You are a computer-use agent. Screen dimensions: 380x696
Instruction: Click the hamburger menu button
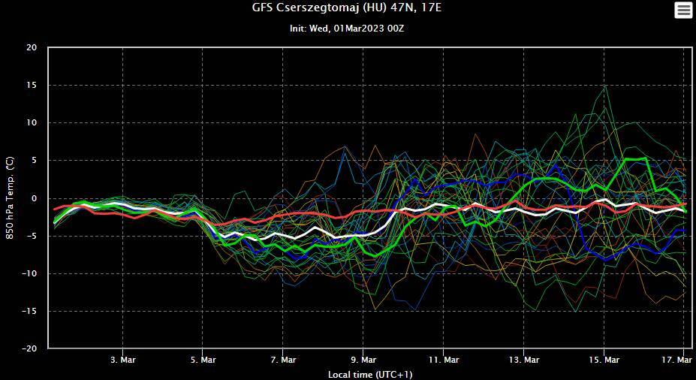[683, 10]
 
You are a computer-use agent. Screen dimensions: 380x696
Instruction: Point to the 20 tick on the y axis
[31, 47]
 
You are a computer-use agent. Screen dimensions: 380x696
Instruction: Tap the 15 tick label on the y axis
[31, 85]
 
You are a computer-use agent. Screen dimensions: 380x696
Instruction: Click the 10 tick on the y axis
[31, 122]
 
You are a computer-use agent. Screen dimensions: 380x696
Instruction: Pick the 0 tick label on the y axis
[34, 198]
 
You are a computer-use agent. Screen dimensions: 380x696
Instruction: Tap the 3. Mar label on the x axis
[123, 360]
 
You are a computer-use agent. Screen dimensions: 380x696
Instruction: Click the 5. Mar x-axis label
[203, 360]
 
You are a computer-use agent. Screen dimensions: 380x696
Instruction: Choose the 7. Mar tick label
[283, 360]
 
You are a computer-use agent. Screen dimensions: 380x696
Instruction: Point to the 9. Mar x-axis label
[363, 360]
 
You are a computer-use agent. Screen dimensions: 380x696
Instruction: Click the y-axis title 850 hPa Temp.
[11, 198]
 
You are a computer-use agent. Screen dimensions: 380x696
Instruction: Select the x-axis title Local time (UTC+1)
[369, 374]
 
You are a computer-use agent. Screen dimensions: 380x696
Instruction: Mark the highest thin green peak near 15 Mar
[605, 86]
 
